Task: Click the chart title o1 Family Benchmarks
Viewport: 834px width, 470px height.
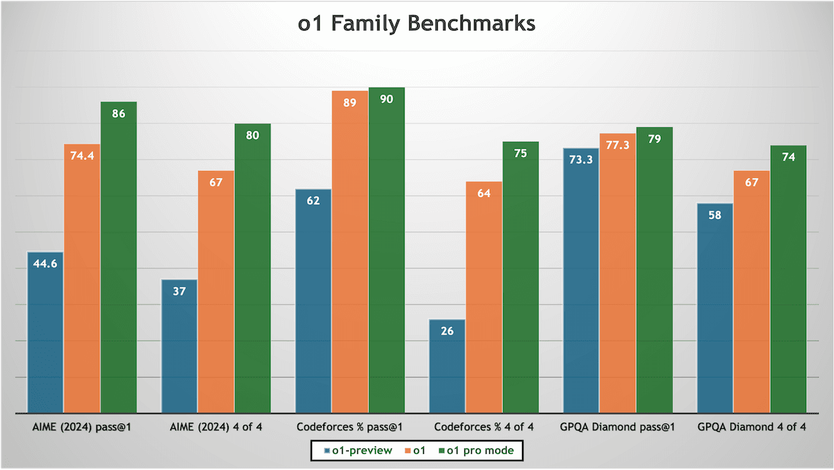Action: [417, 24]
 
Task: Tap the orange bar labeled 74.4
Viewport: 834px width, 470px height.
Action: [82, 278]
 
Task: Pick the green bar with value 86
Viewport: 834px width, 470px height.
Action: [118, 257]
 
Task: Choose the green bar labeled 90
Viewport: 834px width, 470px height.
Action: [386, 250]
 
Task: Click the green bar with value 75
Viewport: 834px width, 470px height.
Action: [521, 277]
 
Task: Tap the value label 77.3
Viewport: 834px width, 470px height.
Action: [618, 145]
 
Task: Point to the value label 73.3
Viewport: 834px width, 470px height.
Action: [581, 160]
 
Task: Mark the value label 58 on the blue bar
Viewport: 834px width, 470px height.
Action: [714, 215]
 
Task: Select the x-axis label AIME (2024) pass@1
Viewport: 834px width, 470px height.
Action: [82, 426]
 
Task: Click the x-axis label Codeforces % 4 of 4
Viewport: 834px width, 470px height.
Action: [484, 426]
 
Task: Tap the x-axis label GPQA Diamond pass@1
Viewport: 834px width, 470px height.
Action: [618, 426]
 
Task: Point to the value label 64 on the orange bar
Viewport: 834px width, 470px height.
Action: [484, 193]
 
